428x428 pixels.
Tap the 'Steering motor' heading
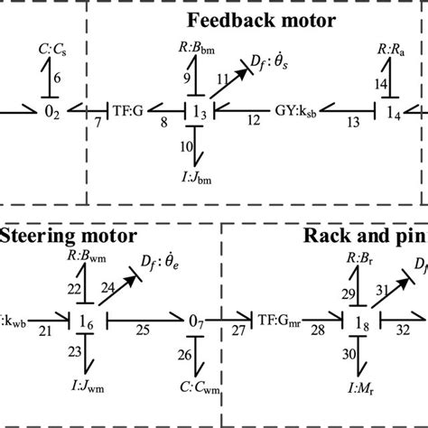[68, 237]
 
